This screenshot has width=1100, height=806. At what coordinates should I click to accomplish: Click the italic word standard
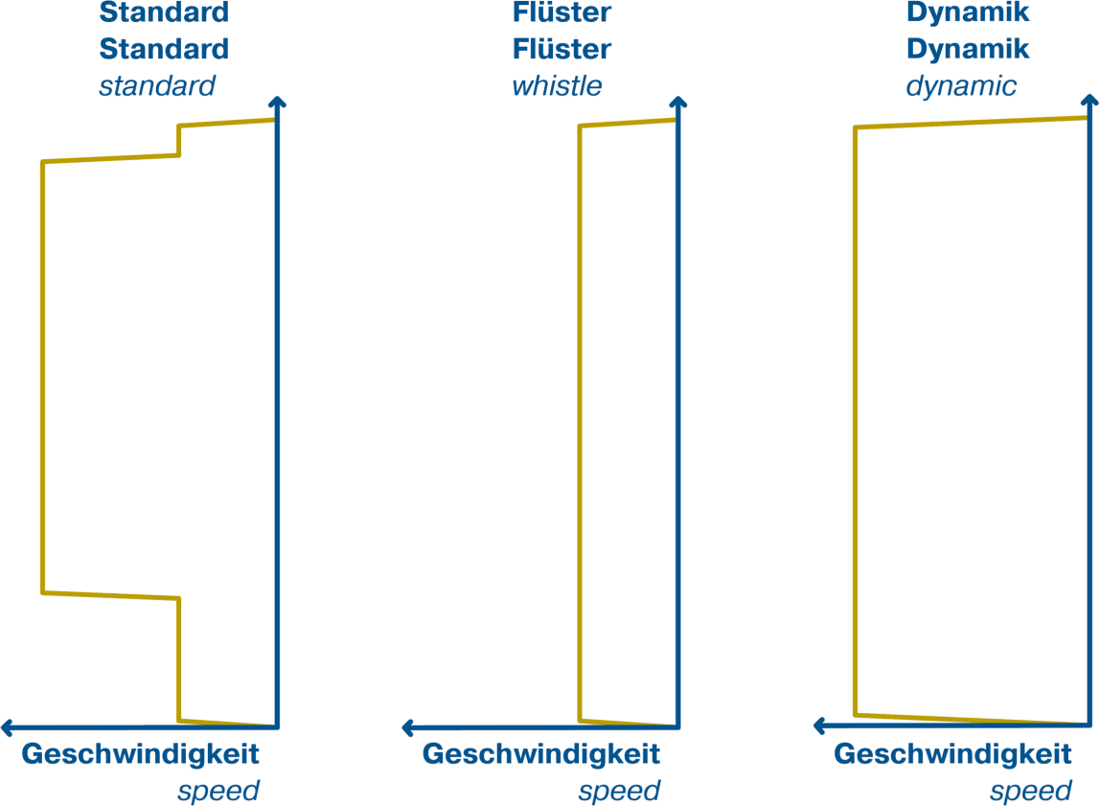(157, 85)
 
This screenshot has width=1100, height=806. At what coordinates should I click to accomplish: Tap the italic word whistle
(557, 85)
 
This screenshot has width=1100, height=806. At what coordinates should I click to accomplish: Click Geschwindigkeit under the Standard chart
(140, 755)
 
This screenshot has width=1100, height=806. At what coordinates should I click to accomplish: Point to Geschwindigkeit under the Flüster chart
(540, 755)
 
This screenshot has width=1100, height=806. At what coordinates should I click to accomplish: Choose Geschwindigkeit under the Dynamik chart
(952, 755)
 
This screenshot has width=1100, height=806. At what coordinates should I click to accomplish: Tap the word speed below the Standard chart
(218, 792)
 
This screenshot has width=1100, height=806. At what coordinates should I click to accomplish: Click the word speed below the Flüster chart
(619, 792)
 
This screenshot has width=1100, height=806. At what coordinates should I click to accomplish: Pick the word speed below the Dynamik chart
(1031, 792)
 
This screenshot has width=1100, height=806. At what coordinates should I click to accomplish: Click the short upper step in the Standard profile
(179, 140)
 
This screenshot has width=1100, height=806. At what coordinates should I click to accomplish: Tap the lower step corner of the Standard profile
(179, 598)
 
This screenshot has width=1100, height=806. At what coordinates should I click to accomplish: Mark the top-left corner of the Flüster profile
(580, 127)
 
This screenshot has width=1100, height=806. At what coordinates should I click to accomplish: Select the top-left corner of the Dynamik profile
(855, 127)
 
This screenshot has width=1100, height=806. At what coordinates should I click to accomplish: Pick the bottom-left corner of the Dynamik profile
(856, 715)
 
